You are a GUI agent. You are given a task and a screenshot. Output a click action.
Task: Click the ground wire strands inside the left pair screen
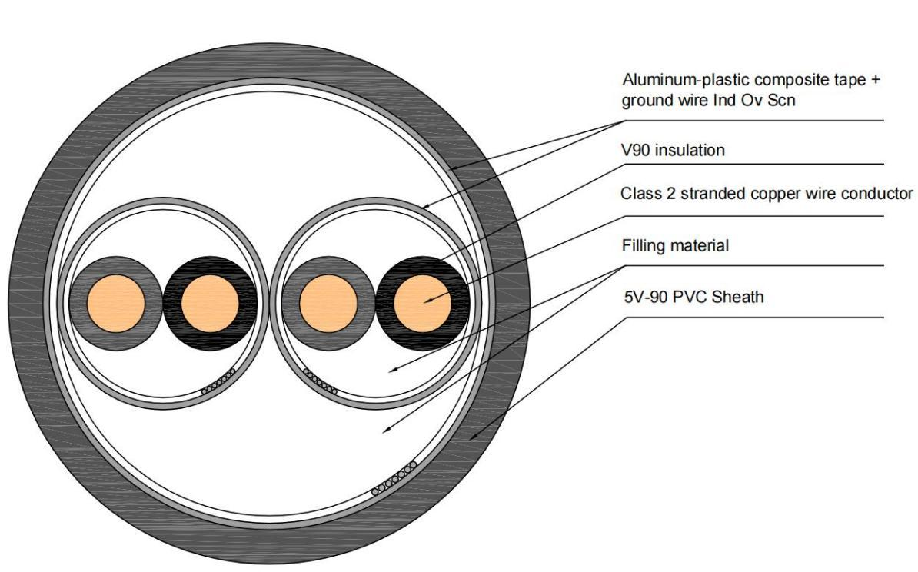click(x=218, y=383)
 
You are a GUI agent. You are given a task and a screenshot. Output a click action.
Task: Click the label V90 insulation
click(x=672, y=151)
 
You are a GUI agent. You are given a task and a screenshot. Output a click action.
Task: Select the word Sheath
click(x=743, y=296)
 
